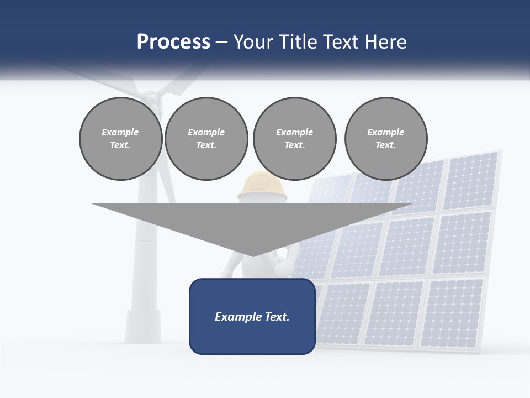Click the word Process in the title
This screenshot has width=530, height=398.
(x=173, y=42)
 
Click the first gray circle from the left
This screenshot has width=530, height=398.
(x=120, y=138)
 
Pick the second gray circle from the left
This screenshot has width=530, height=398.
(x=206, y=138)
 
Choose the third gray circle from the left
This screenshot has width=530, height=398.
(x=294, y=138)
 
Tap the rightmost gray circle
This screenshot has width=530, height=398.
(x=385, y=138)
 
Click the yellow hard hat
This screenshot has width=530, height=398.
(x=263, y=185)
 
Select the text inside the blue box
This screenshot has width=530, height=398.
(x=252, y=317)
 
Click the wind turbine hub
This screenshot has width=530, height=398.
(x=153, y=98)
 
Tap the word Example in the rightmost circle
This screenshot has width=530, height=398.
(x=385, y=132)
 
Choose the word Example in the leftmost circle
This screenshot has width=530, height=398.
(x=120, y=132)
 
